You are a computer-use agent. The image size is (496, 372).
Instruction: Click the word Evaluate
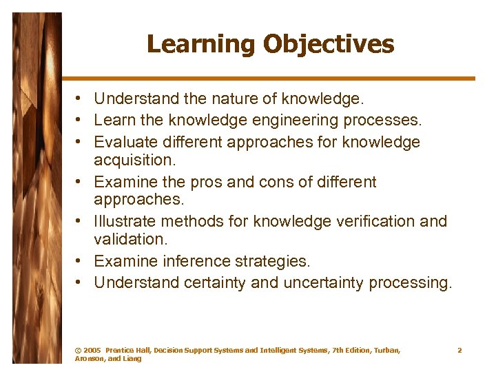[123, 142]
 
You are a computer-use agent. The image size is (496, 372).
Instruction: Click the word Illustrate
[125, 221]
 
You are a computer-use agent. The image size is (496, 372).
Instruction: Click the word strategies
[275, 261]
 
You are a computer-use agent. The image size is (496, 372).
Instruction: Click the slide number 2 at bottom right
[459, 351]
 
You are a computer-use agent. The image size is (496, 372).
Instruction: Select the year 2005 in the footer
[93, 351]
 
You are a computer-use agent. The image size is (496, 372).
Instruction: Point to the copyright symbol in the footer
[77, 351]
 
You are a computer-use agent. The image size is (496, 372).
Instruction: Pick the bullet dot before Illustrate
[81, 222]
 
